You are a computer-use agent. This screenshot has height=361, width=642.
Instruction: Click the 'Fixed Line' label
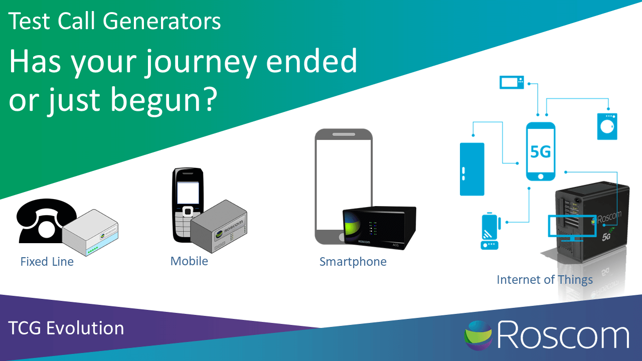pyautogui.click(x=47, y=262)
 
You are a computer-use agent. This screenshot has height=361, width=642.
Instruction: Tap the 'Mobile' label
pyautogui.click(x=189, y=261)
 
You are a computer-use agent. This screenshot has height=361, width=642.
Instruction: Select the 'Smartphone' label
pyautogui.click(x=353, y=262)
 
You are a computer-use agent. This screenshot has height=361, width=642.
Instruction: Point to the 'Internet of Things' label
pyautogui.click(x=545, y=280)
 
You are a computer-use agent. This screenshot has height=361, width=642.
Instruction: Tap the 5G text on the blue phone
pyautogui.click(x=541, y=151)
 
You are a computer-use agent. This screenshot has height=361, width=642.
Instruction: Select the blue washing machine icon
pyautogui.click(x=607, y=126)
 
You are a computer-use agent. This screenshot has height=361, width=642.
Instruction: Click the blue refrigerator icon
pyautogui.click(x=472, y=169)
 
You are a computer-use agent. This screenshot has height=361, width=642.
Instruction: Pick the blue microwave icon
pyautogui.click(x=512, y=83)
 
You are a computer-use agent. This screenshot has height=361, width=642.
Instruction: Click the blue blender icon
pyautogui.click(x=490, y=231)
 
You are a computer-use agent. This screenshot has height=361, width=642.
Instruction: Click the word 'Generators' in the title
pyautogui.click(x=162, y=21)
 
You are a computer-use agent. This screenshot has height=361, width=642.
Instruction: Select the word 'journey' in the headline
pyautogui.click(x=200, y=63)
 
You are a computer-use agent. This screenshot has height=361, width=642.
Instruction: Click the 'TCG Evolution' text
pyautogui.click(x=66, y=328)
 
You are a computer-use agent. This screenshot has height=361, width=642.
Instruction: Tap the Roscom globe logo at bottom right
pyautogui.click(x=478, y=335)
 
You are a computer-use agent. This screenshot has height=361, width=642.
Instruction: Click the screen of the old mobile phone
pyautogui.click(x=188, y=193)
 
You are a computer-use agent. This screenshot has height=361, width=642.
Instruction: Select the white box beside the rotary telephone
pyautogui.click(x=90, y=233)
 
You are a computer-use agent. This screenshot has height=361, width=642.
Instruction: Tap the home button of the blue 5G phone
pyautogui.click(x=541, y=176)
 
